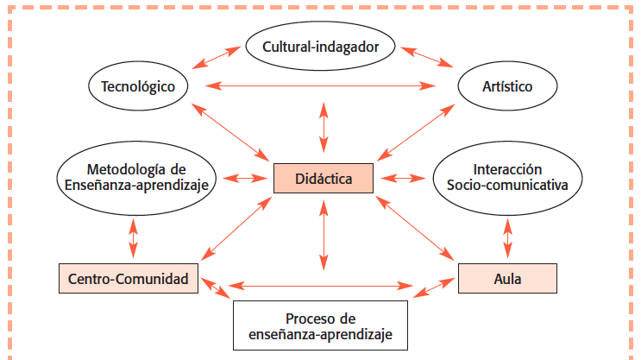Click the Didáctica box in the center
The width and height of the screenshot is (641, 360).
[x=324, y=179]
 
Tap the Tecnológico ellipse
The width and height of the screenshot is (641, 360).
[x=138, y=86]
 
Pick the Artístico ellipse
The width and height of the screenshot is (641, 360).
[x=507, y=86]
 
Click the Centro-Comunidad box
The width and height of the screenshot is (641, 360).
[x=129, y=279]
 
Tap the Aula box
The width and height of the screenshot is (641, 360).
[x=507, y=279]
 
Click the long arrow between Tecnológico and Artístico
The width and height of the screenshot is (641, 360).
[x=324, y=85]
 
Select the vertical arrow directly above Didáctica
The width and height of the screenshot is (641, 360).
[x=324, y=130]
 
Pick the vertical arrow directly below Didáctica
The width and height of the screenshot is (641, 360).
[x=324, y=232]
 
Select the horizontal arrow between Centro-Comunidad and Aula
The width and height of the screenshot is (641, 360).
[x=324, y=284]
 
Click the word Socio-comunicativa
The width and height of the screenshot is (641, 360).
[x=507, y=184]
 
